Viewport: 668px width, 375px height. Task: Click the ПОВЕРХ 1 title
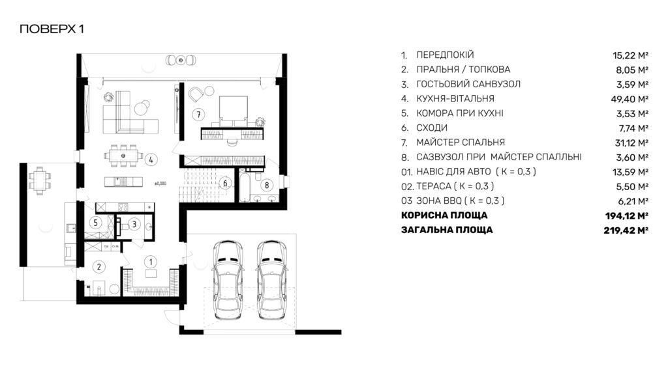(x=52, y=29)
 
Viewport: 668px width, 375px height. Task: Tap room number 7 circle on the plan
(x=198, y=115)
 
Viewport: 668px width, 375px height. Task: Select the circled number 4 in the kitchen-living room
(x=151, y=160)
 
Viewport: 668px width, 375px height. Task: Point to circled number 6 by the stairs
(x=225, y=183)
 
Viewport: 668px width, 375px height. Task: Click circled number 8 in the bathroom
(x=267, y=185)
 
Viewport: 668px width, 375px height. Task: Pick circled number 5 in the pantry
(x=95, y=223)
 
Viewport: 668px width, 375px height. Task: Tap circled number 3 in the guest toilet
(x=134, y=224)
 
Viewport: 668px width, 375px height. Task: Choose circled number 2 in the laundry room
(x=99, y=267)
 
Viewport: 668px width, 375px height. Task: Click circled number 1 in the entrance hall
(x=150, y=262)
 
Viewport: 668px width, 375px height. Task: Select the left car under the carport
(x=228, y=280)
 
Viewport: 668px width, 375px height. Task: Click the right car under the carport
(x=272, y=280)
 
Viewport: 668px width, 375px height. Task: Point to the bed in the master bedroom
(x=233, y=111)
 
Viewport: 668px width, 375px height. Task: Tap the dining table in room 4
(x=123, y=156)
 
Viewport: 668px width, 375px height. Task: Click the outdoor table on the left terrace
(x=40, y=180)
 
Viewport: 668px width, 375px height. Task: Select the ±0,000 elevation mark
(x=160, y=184)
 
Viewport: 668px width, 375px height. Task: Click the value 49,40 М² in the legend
(x=630, y=99)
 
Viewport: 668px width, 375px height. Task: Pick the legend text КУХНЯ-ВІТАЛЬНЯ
(x=455, y=99)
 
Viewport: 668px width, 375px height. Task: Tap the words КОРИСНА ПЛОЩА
(x=444, y=215)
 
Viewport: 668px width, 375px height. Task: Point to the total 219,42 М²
(x=626, y=230)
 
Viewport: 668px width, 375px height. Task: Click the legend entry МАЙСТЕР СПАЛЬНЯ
(x=461, y=143)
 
